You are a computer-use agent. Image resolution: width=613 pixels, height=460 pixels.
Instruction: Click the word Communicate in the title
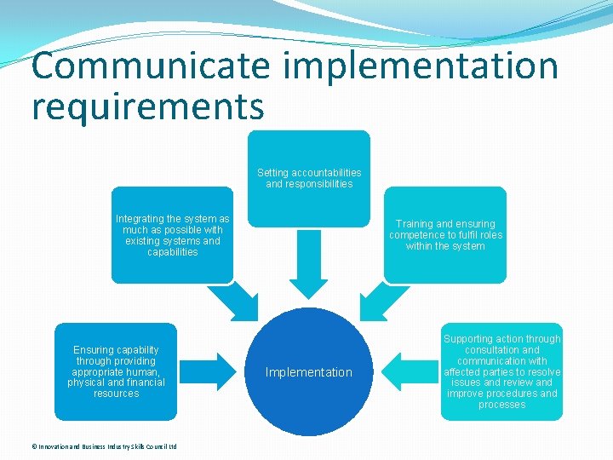click(150, 66)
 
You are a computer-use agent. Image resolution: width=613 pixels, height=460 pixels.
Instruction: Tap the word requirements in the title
click(148, 107)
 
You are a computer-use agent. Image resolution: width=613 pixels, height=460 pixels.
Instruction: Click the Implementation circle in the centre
click(309, 372)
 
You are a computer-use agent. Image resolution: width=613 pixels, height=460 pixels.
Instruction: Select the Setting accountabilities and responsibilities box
click(309, 178)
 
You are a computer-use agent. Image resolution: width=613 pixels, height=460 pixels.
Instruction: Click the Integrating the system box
click(172, 235)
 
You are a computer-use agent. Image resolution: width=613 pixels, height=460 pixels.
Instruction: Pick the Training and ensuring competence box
click(445, 235)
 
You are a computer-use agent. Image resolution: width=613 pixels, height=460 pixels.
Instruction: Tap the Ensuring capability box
click(116, 371)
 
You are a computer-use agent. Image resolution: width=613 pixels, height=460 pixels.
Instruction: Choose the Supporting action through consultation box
click(501, 371)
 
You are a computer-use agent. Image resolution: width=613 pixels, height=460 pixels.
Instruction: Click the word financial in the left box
click(141, 382)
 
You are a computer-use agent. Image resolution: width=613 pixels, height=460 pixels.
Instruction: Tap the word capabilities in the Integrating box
click(172, 252)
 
